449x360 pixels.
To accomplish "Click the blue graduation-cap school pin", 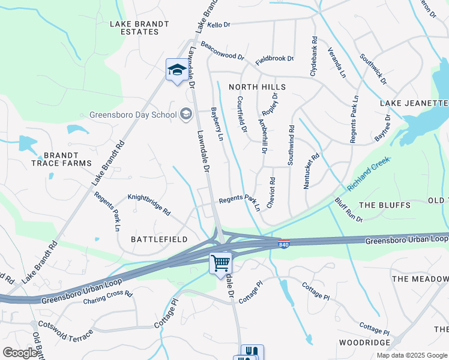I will click(x=176, y=70).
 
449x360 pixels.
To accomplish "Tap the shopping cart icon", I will click(x=220, y=263).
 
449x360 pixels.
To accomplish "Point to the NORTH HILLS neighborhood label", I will click(x=257, y=87).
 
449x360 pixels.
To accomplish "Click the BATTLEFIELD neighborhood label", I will click(x=160, y=239).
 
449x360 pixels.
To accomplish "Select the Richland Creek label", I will click(x=368, y=170).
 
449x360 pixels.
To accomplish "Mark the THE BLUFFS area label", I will click(x=385, y=205).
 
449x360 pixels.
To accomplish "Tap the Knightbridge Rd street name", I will click(x=149, y=204).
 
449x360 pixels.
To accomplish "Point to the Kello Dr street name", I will click(x=218, y=25).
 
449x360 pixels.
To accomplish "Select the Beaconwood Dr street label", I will click(x=223, y=52).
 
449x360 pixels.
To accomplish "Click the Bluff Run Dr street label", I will click(x=349, y=210).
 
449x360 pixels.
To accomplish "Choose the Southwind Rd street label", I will click(x=291, y=145).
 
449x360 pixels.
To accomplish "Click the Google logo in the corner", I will click(x=20, y=353).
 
